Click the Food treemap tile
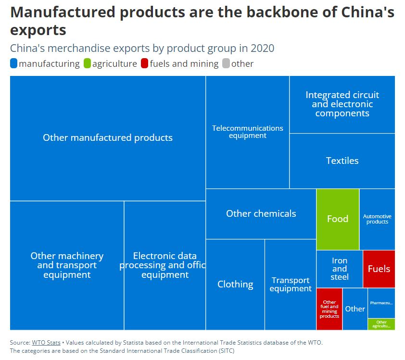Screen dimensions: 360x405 [x=338, y=219]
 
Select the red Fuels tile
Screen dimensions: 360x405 [x=379, y=269]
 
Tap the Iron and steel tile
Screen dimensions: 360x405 [x=339, y=269]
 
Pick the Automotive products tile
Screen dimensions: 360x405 [x=377, y=219]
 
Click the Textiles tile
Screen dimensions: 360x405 [x=342, y=161]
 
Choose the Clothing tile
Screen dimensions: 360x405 [x=235, y=284]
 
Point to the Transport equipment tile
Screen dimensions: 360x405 [x=291, y=284]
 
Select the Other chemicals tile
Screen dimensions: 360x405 [x=261, y=213]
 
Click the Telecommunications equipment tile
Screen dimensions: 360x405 [x=247, y=132]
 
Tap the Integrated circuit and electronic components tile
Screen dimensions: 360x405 [x=342, y=104]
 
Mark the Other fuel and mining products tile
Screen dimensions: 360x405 [x=329, y=309]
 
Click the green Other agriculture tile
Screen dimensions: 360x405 [x=381, y=324]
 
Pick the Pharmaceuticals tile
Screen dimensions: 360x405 [x=381, y=303]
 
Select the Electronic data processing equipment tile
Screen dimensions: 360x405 [x=165, y=265]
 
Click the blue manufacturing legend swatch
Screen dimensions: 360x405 [x=14, y=63]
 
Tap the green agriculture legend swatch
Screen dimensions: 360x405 [x=87, y=63]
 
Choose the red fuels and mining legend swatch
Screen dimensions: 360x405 [x=145, y=63]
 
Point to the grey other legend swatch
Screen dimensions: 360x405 [x=226, y=63]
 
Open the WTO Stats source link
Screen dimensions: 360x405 [x=46, y=343]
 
